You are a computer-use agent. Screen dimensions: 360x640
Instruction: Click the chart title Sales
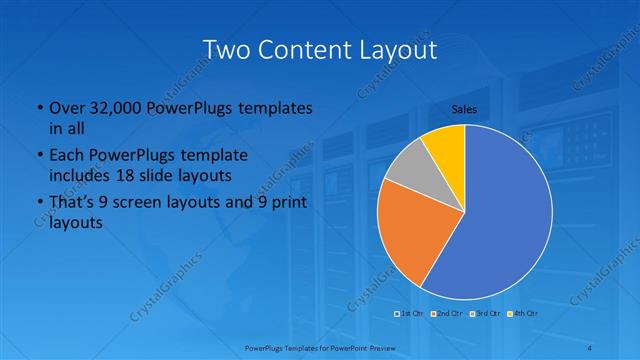coord(464,108)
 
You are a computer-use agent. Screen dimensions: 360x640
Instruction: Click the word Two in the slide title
coord(224,49)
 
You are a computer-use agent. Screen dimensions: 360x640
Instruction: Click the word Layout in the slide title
coord(398,49)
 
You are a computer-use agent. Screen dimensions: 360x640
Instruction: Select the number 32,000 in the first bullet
coord(113,107)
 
